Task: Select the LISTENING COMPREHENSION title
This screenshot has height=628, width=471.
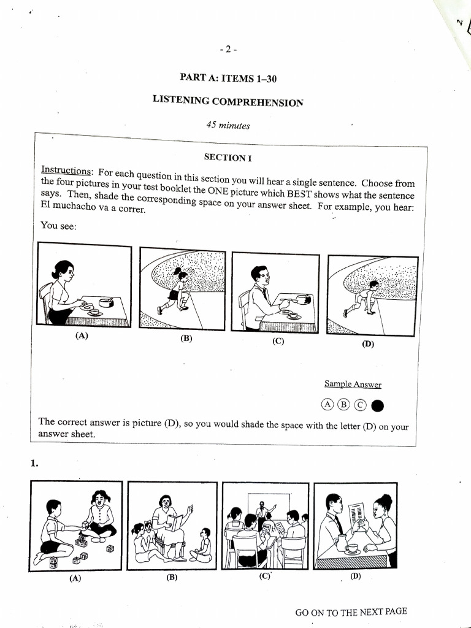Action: tap(228, 101)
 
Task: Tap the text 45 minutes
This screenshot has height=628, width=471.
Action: tap(228, 125)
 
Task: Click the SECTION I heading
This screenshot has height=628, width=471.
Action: tap(228, 158)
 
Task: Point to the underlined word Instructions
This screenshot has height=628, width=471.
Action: tap(66, 170)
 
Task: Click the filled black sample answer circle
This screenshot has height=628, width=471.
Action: tap(378, 405)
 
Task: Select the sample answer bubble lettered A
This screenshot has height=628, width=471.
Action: tap(327, 405)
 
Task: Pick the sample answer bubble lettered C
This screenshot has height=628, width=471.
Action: tap(360, 405)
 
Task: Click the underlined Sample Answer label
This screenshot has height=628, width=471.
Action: tap(353, 385)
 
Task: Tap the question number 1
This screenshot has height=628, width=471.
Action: tap(34, 464)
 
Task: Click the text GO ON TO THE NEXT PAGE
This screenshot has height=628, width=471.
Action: tap(351, 611)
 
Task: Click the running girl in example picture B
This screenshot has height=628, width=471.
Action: tap(176, 290)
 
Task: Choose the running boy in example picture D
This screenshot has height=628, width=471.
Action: tap(364, 298)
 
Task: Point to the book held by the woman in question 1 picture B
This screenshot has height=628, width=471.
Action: tap(175, 522)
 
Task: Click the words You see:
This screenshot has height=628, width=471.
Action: tap(58, 226)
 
